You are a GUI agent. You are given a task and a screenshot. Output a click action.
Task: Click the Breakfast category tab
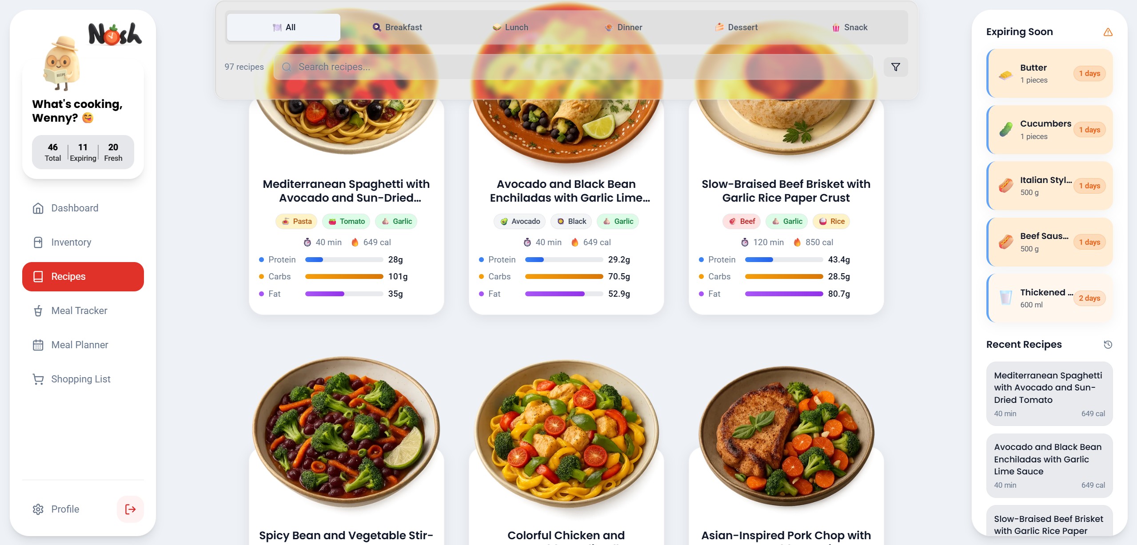click(x=397, y=28)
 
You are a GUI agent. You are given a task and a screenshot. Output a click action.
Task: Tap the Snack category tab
click(x=850, y=28)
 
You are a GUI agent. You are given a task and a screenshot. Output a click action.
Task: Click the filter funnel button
click(x=895, y=67)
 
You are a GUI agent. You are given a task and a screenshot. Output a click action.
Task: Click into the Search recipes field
click(x=573, y=67)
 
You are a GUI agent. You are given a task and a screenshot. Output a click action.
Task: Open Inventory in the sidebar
click(x=71, y=242)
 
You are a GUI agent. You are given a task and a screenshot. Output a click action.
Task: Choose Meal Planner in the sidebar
click(x=80, y=345)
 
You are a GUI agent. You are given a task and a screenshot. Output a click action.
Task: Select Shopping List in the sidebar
click(x=80, y=379)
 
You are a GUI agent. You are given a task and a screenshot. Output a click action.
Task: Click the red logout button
click(x=130, y=509)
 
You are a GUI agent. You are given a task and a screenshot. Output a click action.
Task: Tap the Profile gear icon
click(x=38, y=509)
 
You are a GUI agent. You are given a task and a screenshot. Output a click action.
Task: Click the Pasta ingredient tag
click(x=296, y=221)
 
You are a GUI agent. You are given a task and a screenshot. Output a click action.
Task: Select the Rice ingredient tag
click(x=831, y=221)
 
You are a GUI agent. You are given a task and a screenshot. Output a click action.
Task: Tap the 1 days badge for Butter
click(x=1089, y=73)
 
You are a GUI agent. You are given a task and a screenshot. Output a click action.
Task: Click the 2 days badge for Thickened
click(x=1089, y=298)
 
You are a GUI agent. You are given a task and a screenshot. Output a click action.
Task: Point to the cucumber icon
click(x=1006, y=130)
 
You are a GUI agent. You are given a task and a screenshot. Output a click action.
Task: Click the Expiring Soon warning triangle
click(x=1108, y=32)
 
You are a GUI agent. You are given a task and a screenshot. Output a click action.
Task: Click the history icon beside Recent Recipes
click(x=1108, y=345)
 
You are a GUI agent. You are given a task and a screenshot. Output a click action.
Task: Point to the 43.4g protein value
click(x=839, y=259)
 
